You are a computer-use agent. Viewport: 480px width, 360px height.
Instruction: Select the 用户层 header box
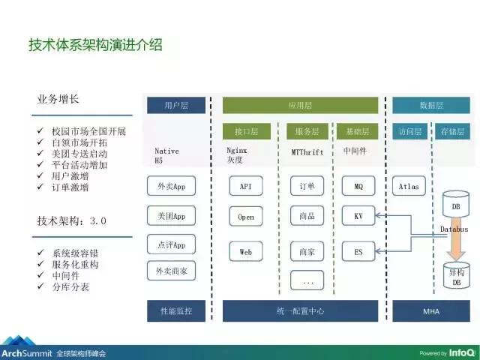coord(174,106)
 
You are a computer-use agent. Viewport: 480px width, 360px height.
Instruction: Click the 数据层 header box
coord(425,106)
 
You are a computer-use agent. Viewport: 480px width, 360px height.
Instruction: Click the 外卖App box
coord(171,185)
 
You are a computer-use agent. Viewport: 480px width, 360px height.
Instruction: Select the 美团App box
coord(171,216)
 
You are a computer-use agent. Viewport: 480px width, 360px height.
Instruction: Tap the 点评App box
coord(171,244)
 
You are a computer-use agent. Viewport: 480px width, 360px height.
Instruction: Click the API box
coord(246,185)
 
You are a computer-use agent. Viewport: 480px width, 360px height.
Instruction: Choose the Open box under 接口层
coord(246,217)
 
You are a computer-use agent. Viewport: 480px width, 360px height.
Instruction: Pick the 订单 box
coord(306,185)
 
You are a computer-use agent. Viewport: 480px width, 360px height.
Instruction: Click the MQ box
coord(358,185)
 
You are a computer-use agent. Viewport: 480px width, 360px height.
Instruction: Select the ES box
coord(358,252)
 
